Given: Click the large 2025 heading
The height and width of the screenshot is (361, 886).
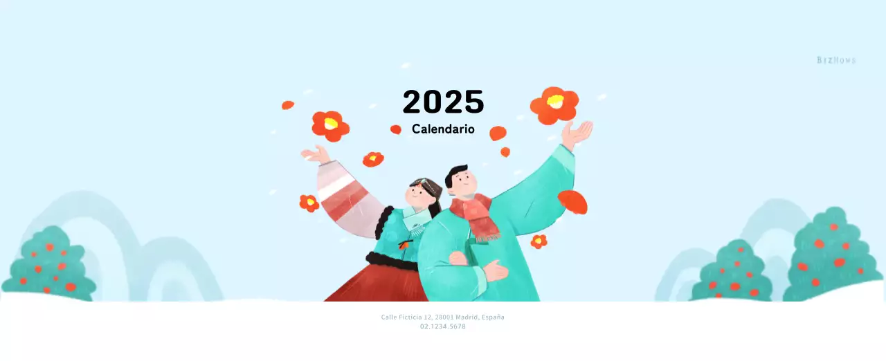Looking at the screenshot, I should [x=443, y=102].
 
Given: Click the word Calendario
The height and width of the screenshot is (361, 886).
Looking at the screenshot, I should [x=443, y=129].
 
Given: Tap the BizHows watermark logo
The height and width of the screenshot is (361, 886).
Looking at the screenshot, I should [x=836, y=60].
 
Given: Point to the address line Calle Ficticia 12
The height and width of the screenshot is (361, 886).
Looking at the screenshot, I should [x=442, y=317].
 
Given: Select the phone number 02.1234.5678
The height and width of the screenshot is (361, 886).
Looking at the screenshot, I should [x=442, y=326].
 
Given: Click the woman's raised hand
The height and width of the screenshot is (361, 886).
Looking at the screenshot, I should [x=316, y=154].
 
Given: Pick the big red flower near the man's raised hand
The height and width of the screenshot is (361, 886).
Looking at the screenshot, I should [x=554, y=104].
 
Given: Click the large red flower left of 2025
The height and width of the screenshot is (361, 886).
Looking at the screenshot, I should [x=330, y=125].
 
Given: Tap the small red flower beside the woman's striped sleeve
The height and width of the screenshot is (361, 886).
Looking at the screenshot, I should [x=309, y=203].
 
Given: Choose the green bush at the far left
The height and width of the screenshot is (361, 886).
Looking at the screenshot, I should [x=49, y=266].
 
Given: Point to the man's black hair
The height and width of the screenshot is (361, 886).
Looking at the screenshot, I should [x=455, y=172].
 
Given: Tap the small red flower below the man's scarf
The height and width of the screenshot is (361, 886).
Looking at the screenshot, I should [x=539, y=241].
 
